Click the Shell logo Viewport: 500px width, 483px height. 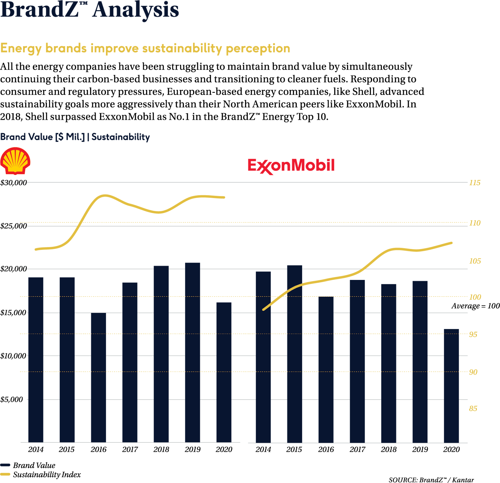click(x=15, y=161)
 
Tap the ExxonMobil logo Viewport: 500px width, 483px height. click(x=291, y=166)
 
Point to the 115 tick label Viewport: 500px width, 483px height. click(x=474, y=183)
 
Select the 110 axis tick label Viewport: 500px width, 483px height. click(x=474, y=223)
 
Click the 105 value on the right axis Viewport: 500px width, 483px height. click(x=475, y=261)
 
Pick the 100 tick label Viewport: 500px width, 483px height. click(x=475, y=297)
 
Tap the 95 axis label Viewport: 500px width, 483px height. click(x=473, y=334)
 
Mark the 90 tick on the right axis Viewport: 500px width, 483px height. click(x=473, y=372)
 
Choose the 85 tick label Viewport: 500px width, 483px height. click(x=473, y=409)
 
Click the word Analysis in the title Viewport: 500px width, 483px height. click(x=136, y=10)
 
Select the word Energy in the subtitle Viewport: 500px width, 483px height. click(x=21, y=49)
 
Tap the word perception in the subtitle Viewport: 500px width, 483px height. click(x=258, y=49)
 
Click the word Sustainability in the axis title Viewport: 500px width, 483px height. click(x=121, y=137)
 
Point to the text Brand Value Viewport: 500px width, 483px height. click(x=27, y=137)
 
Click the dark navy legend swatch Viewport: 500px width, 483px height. click(x=5, y=465)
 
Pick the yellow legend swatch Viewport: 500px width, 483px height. click(x=5, y=474)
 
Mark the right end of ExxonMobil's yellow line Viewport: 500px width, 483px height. click(x=451, y=243)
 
